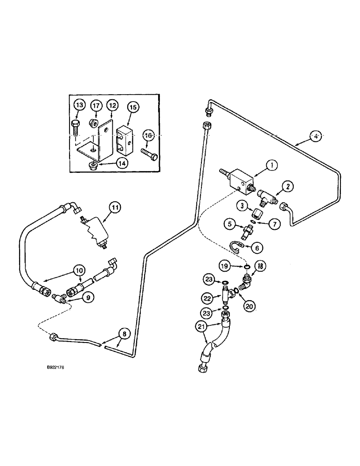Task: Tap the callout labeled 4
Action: point(316,137)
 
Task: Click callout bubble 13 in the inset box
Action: point(79,106)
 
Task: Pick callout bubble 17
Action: point(96,106)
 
